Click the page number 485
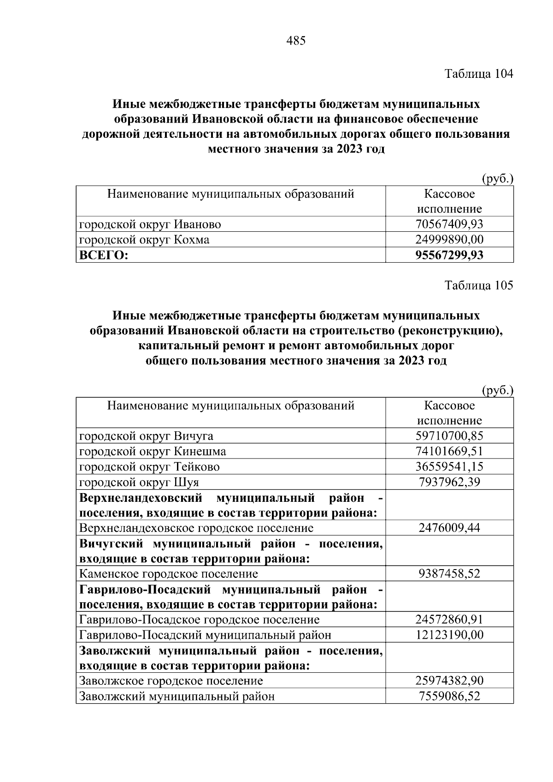click(x=296, y=41)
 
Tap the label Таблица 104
click(x=478, y=74)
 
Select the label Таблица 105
click(x=478, y=286)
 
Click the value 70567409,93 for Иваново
click(x=449, y=224)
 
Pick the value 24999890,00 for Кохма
click(x=449, y=240)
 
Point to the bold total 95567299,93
click(x=449, y=255)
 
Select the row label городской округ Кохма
click(x=144, y=240)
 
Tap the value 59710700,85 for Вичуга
click(x=449, y=436)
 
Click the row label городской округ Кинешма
click(x=153, y=451)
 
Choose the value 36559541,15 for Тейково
click(x=449, y=467)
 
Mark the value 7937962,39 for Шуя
click(x=449, y=482)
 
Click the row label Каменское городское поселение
click(x=169, y=574)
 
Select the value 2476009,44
click(x=449, y=528)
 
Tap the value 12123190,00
click(x=449, y=635)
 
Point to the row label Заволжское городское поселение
click(x=171, y=681)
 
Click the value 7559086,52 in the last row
click(x=449, y=696)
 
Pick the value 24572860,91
click(x=449, y=620)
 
